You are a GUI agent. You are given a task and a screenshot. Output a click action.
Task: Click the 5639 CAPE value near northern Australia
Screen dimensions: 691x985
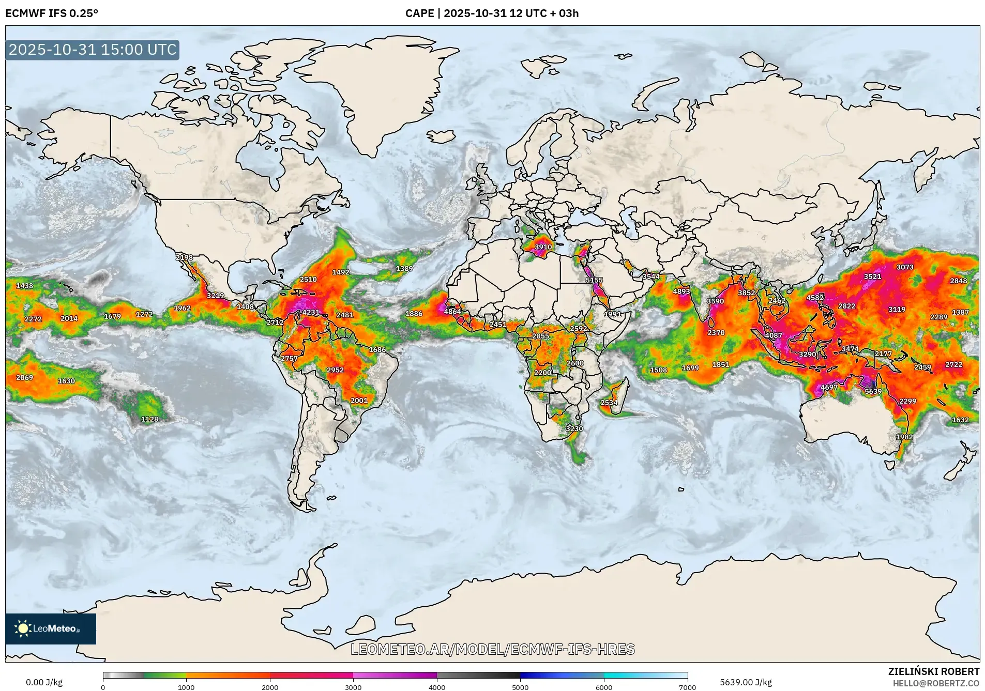(873, 391)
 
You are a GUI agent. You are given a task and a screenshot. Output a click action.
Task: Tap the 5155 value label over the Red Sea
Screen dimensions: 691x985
(594, 280)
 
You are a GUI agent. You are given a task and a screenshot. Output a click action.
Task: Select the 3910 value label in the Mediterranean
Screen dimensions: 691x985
(543, 247)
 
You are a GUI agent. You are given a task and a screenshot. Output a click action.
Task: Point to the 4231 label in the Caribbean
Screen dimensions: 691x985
(311, 312)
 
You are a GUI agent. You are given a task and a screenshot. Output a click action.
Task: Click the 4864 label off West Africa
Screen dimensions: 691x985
(452, 312)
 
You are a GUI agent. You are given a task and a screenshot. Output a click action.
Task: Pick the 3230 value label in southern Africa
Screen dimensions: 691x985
(574, 428)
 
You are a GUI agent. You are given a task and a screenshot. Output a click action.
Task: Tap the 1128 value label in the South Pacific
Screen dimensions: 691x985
(149, 419)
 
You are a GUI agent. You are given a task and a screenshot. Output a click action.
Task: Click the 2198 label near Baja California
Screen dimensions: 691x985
(184, 257)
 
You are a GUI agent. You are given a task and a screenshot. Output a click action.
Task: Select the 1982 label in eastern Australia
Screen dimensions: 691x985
(904, 437)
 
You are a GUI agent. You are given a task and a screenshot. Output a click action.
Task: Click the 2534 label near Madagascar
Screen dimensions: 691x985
(609, 403)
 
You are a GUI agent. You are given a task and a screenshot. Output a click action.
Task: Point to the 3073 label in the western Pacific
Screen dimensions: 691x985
(904, 267)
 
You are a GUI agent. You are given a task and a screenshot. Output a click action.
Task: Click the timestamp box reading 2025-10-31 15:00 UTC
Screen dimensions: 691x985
(93, 50)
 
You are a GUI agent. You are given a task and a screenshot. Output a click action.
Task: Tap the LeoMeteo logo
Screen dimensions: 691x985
(50, 628)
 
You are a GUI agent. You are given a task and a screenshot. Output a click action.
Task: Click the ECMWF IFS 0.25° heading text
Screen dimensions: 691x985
(51, 13)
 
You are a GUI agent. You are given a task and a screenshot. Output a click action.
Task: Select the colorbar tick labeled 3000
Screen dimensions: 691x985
(353, 687)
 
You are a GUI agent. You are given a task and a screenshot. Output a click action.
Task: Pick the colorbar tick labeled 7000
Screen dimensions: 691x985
(687, 687)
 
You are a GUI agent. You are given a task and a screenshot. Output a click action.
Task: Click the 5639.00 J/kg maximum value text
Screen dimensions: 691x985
(746, 682)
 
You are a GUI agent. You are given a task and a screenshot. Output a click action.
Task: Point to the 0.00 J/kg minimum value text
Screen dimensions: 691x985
(44, 682)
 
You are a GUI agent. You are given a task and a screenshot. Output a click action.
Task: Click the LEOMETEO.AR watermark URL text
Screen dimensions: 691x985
(492, 649)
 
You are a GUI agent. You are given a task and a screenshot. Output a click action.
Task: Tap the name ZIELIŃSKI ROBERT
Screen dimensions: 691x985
(933, 671)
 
